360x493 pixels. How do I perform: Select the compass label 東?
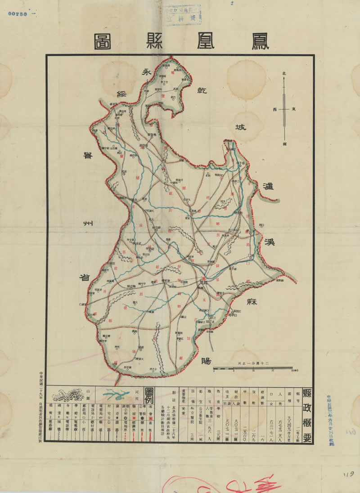[x=293, y=109]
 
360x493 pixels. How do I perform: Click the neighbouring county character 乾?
[x=199, y=90]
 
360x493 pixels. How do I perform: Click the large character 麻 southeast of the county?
[x=250, y=302]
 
